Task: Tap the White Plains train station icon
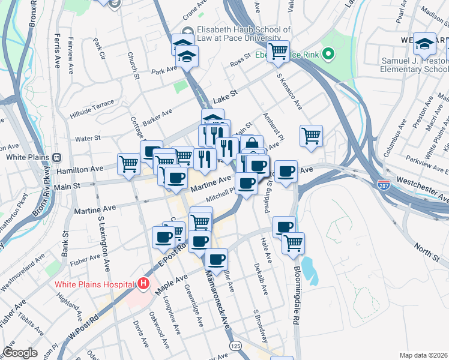tap(57, 157)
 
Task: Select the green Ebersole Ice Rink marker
tap(328, 55)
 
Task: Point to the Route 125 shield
tap(235, 346)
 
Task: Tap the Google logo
tap(20, 353)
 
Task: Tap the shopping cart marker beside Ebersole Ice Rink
tap(278, 52)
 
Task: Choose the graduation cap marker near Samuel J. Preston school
tap(425, 43)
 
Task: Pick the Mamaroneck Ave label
tap(218, 302)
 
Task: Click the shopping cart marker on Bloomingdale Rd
tap(293, 242)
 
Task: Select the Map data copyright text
tap(423, 355)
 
